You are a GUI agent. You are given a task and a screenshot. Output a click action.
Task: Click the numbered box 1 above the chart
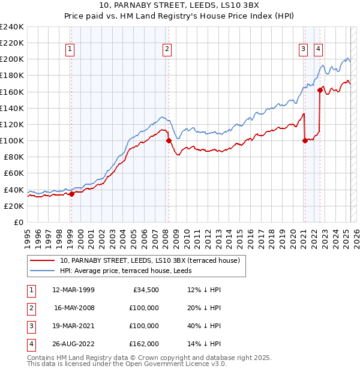[x=71, y=49]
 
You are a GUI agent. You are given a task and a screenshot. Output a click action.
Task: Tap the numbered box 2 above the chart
[x=167, y=49]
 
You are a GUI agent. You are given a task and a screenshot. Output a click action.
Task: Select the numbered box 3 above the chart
[x=304, y=49]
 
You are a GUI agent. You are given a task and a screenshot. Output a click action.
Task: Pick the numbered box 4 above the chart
[x=318, y=49]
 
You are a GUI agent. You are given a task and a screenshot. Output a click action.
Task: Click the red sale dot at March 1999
[x=71, y=194]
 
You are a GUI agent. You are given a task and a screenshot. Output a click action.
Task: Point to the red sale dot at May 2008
[x=169, y=141]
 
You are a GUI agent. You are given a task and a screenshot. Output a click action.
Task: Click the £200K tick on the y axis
[x=12, y=59]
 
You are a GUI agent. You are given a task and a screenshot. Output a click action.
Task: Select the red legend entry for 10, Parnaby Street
[x=149, y=260]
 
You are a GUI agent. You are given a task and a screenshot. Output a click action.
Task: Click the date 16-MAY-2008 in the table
[x=74, y=308]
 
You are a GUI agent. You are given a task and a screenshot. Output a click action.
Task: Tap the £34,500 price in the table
[x=145, y=290]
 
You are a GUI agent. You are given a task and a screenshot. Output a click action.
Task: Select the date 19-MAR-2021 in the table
[x=74, y=326]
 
